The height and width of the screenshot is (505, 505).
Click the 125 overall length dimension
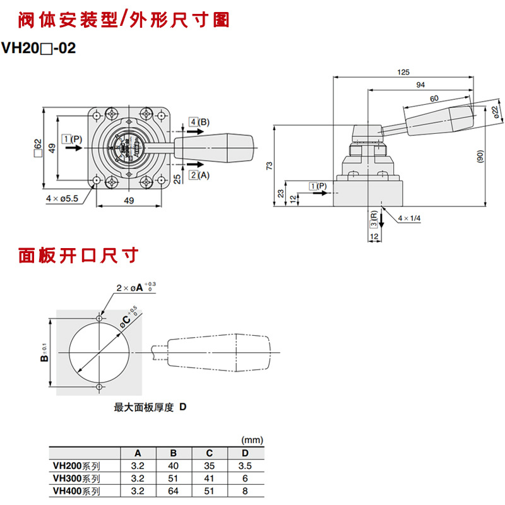403,73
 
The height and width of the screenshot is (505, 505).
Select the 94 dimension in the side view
420,85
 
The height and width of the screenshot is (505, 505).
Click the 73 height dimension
270,165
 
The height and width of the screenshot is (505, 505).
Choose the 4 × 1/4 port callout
410,218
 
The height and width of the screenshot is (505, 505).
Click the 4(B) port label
199,121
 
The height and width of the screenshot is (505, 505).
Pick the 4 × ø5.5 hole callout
62,198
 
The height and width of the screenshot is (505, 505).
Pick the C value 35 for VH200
209,466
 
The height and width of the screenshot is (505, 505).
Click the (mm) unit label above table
252,440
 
